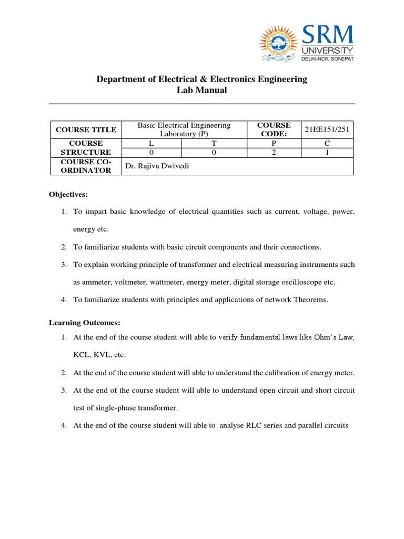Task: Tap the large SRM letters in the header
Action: tap(327, 35)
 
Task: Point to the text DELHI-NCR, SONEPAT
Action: tap(327, 58)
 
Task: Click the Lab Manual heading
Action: tap(201, 90)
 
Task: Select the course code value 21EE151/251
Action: tap(326, 129)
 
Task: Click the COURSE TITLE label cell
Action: tap(86, 129)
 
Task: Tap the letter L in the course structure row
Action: tap(151, 143)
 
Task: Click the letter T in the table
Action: tap(214, 143)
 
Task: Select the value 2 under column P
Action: tap(273, 152)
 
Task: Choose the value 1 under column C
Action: tap(326, 152)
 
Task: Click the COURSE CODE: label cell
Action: tap(274, 129)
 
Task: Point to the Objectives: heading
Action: tap(68, 194)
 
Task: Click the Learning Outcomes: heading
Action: tap(85, 322)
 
